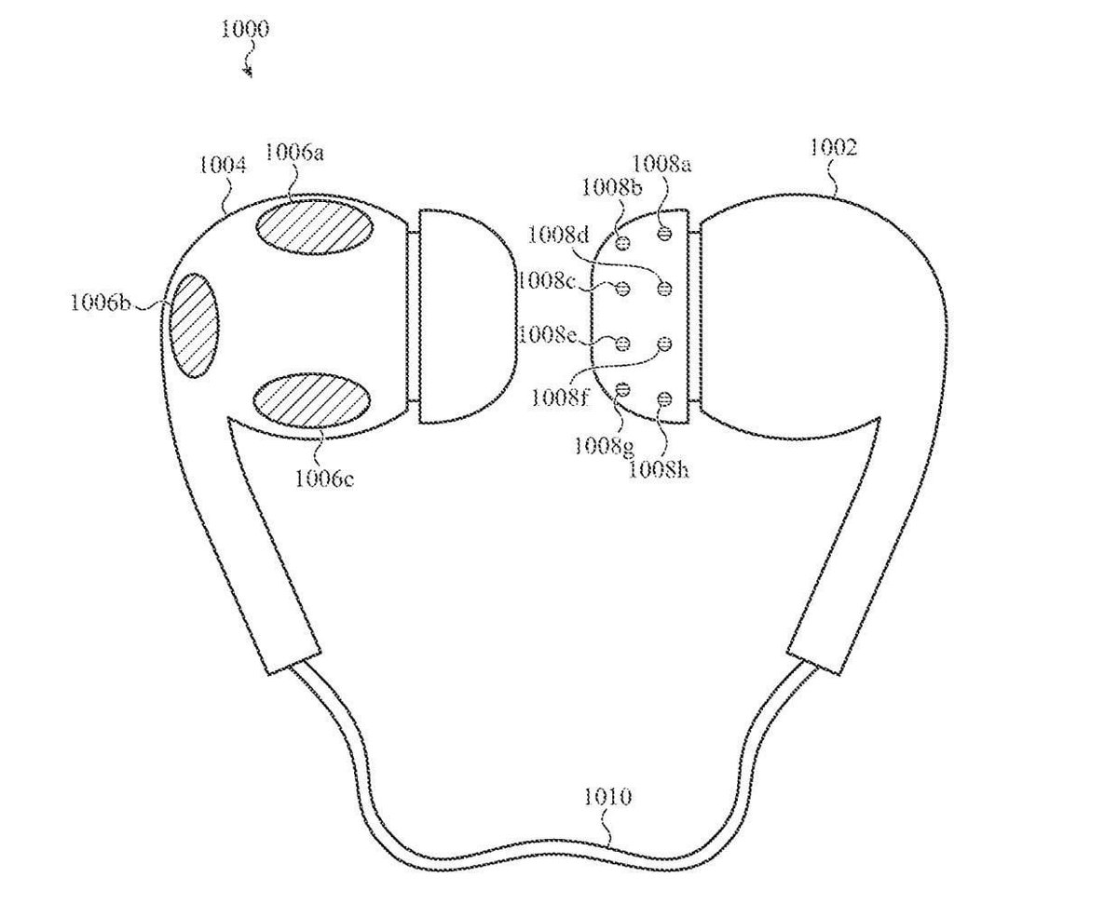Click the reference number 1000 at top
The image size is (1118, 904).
245,30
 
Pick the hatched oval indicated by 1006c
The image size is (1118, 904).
311,401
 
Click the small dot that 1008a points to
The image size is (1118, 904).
664,232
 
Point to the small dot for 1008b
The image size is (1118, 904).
624,243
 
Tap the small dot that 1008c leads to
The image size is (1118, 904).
624,289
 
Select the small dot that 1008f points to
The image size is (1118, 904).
664,344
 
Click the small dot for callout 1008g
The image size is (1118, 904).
624,388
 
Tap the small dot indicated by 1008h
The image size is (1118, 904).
664,399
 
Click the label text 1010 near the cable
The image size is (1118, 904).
607,797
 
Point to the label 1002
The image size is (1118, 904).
833,147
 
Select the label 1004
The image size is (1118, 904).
223,166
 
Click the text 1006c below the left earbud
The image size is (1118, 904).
325,479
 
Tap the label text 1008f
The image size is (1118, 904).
559,398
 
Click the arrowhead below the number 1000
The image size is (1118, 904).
249,71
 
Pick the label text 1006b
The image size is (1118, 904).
101,304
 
